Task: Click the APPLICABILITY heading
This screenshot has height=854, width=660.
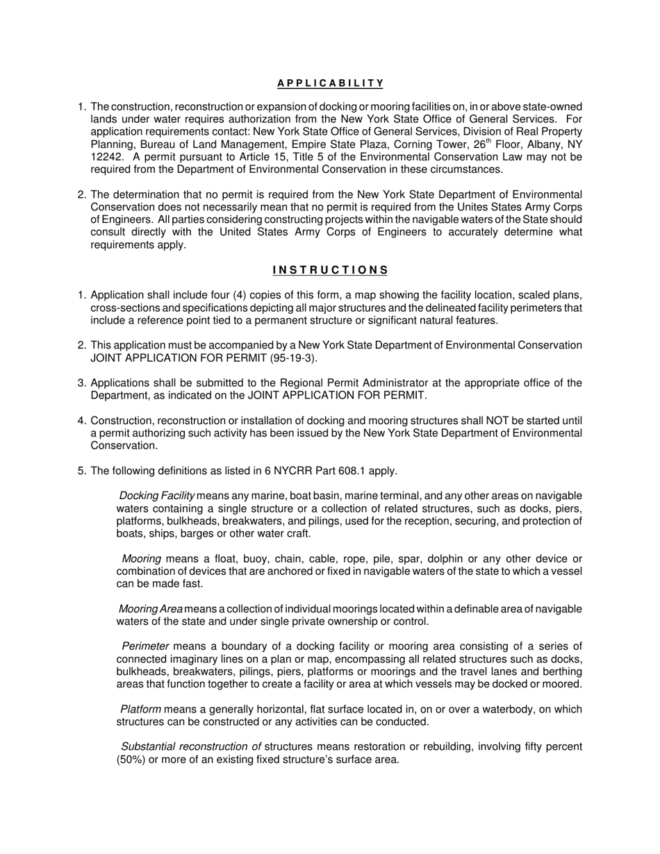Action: [x=330, y=83]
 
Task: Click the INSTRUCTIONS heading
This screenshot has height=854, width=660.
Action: [x=330, y=270]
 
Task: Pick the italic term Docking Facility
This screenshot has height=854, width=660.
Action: [x=157, y=496]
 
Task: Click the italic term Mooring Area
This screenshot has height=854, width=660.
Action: [x=151, y=609]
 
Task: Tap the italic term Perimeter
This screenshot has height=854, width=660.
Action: [x=145, y=646]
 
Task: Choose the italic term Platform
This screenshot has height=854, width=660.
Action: [x=141, y=709]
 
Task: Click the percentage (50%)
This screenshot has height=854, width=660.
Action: [x=130, y=759]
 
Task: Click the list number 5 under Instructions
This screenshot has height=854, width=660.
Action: [x=82, y=471]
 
